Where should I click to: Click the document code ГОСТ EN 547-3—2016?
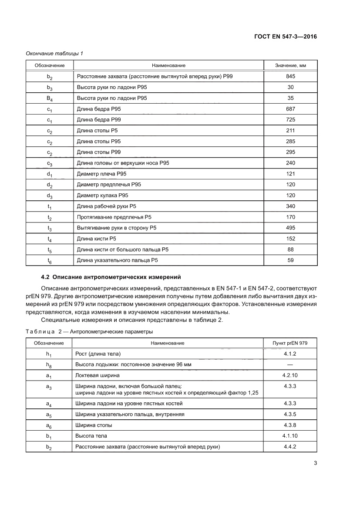(x=286, y=37)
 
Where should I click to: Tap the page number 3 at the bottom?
(x=315, y=463)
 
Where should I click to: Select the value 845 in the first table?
(x=290, y=77)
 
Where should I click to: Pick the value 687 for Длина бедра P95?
(x=290, y=109)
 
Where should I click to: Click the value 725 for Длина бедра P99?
(x=290, y=120)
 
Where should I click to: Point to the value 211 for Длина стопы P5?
(x=290, y=131)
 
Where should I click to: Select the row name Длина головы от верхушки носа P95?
(x=123, y=163)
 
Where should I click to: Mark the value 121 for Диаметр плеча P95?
(x=290, y=174)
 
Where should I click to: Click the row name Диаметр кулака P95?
(x=102, y=196)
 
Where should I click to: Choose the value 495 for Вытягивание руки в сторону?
(x=290, y=228)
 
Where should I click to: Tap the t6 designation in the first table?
(x=50, y=261)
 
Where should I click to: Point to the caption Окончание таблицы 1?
(x=54, y=54)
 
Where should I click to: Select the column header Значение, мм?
(x=290, y=65)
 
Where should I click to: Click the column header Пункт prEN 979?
(x=289, y=343)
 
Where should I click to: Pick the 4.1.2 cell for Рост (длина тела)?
(x=289, y=354)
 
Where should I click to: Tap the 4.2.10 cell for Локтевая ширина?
(x=289, y=375)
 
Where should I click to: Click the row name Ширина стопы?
(x=93, y=425)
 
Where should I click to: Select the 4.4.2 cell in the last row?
(x=289, y=447)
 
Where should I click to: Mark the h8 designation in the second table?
(x=50, y=365)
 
